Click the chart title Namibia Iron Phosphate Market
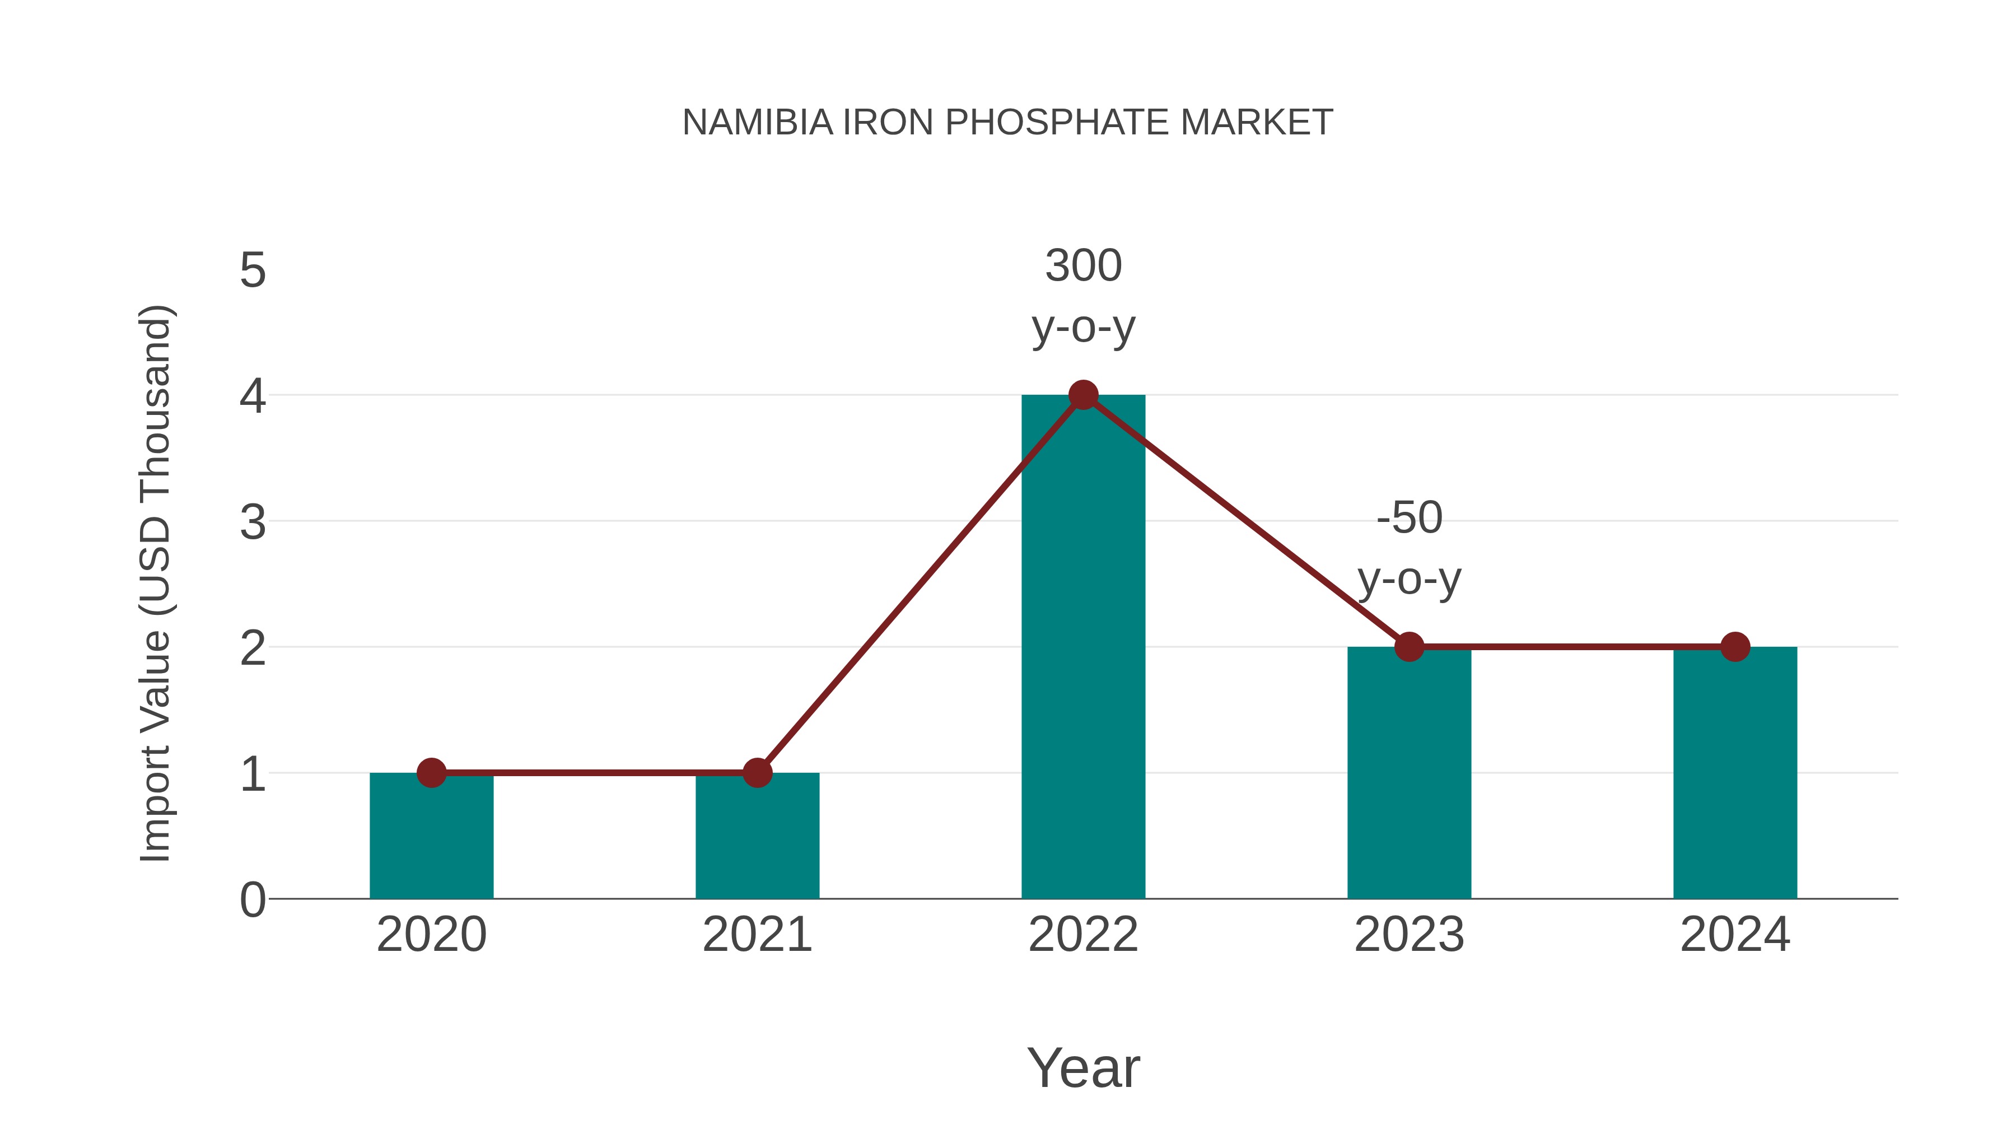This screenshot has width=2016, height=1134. (1007, 123)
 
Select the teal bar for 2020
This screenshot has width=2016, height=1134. (431, 837)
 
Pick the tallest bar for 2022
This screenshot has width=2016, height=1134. (1083, 650)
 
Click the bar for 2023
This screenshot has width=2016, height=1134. (1409, 775)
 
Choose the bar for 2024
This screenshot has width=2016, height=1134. (1735, 775)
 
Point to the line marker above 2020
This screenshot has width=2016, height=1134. (431, 773)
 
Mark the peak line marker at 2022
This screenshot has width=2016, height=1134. (1083, 395)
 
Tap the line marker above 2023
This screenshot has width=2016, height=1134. (1409, 647)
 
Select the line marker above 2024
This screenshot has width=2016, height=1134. (1735, 647)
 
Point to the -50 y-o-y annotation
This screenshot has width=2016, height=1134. (1409, 549)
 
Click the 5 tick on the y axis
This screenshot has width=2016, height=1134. (253, 271)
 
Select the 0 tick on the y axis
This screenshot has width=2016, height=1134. (253, 900)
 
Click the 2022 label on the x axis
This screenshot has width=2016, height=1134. (1083, 935)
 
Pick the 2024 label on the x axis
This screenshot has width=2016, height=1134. (1735, 935)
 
